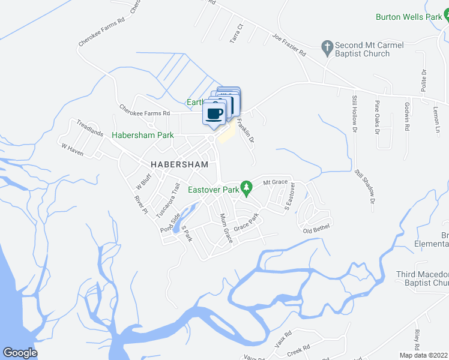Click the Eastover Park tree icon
(246, 188)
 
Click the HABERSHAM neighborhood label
(179, 164)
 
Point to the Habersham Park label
(143, 136)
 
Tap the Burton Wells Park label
(408, 17)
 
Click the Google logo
(20, 353)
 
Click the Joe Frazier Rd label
(289, 45)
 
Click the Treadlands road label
(91, 127)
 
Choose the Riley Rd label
(416, 340)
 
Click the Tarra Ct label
(235, 34)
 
